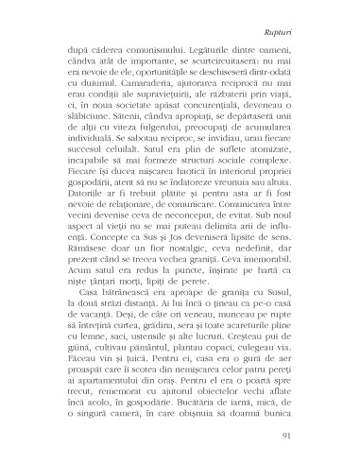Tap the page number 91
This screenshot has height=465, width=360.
click(x=305, y=434)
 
